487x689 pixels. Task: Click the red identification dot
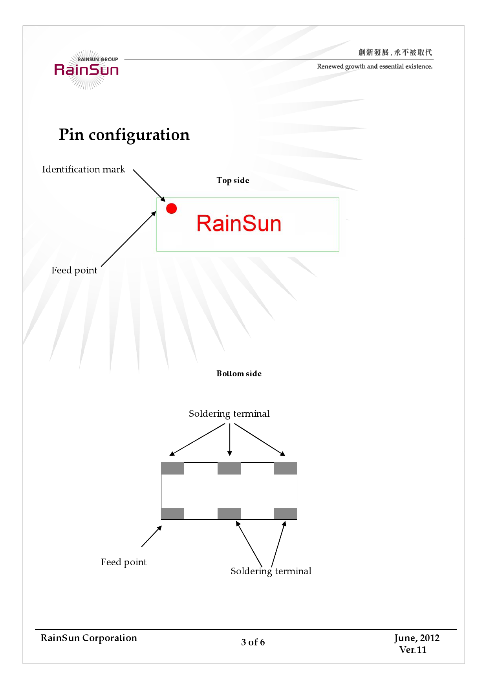pyautogui.click(x=172, y=209)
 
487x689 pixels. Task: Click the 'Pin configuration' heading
pyautogui.click(x=124, y=135)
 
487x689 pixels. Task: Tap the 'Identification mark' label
pyautogui.click(x=83, y=169)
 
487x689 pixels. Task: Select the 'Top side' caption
pyautogui.click(x=233, y=180)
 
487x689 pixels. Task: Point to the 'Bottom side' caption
pyautogui.click(x=239, y=374)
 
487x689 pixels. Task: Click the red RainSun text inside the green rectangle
pyautogui.click(x=239, y=224)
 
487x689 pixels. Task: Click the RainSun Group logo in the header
pyautogui.click(x=87, y=70)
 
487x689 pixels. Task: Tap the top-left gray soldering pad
pyautogui.click(x=173, y=468)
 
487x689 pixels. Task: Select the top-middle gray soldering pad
pyautogui.click(x=229, y=468)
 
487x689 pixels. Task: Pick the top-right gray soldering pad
pyautogui.click(x=286, y=468)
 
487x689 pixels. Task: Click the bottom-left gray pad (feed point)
pyautogui.click(x=173, y=513)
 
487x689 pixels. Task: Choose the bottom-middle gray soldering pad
pyautogui.click(x=229, y=513)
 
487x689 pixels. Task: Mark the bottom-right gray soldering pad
pyautogui.click(x=286, y=513)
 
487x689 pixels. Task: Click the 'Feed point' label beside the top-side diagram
pyautogui.click(x=74, y=270)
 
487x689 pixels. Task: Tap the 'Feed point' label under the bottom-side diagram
pyautogui.click(x=123, y=562)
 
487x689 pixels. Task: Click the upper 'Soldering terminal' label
pyautogui.click(x=229, y=414)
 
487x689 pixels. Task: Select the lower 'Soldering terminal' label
pyautogui.click(x=271, y=571)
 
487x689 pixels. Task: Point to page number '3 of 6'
pyautogui.click(x=253, y=642)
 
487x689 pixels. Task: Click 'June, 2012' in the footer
pyautogui.click(x=417, y=638)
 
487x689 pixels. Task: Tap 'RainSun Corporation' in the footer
pyautogui.click(x=89, y=638)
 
